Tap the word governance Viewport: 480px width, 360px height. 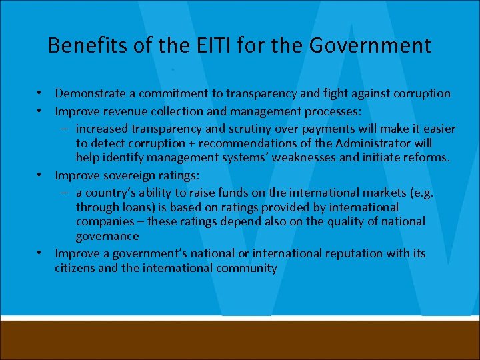click(107, 237)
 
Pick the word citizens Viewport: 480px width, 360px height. click(77, 269)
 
